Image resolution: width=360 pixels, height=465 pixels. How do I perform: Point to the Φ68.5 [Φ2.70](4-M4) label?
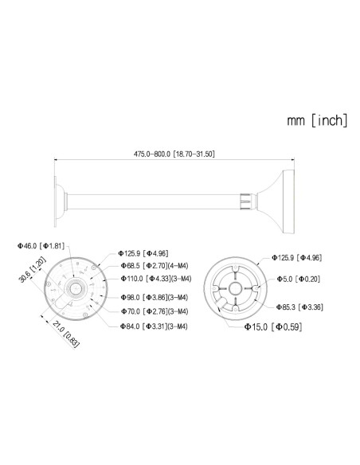click(155, 264)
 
